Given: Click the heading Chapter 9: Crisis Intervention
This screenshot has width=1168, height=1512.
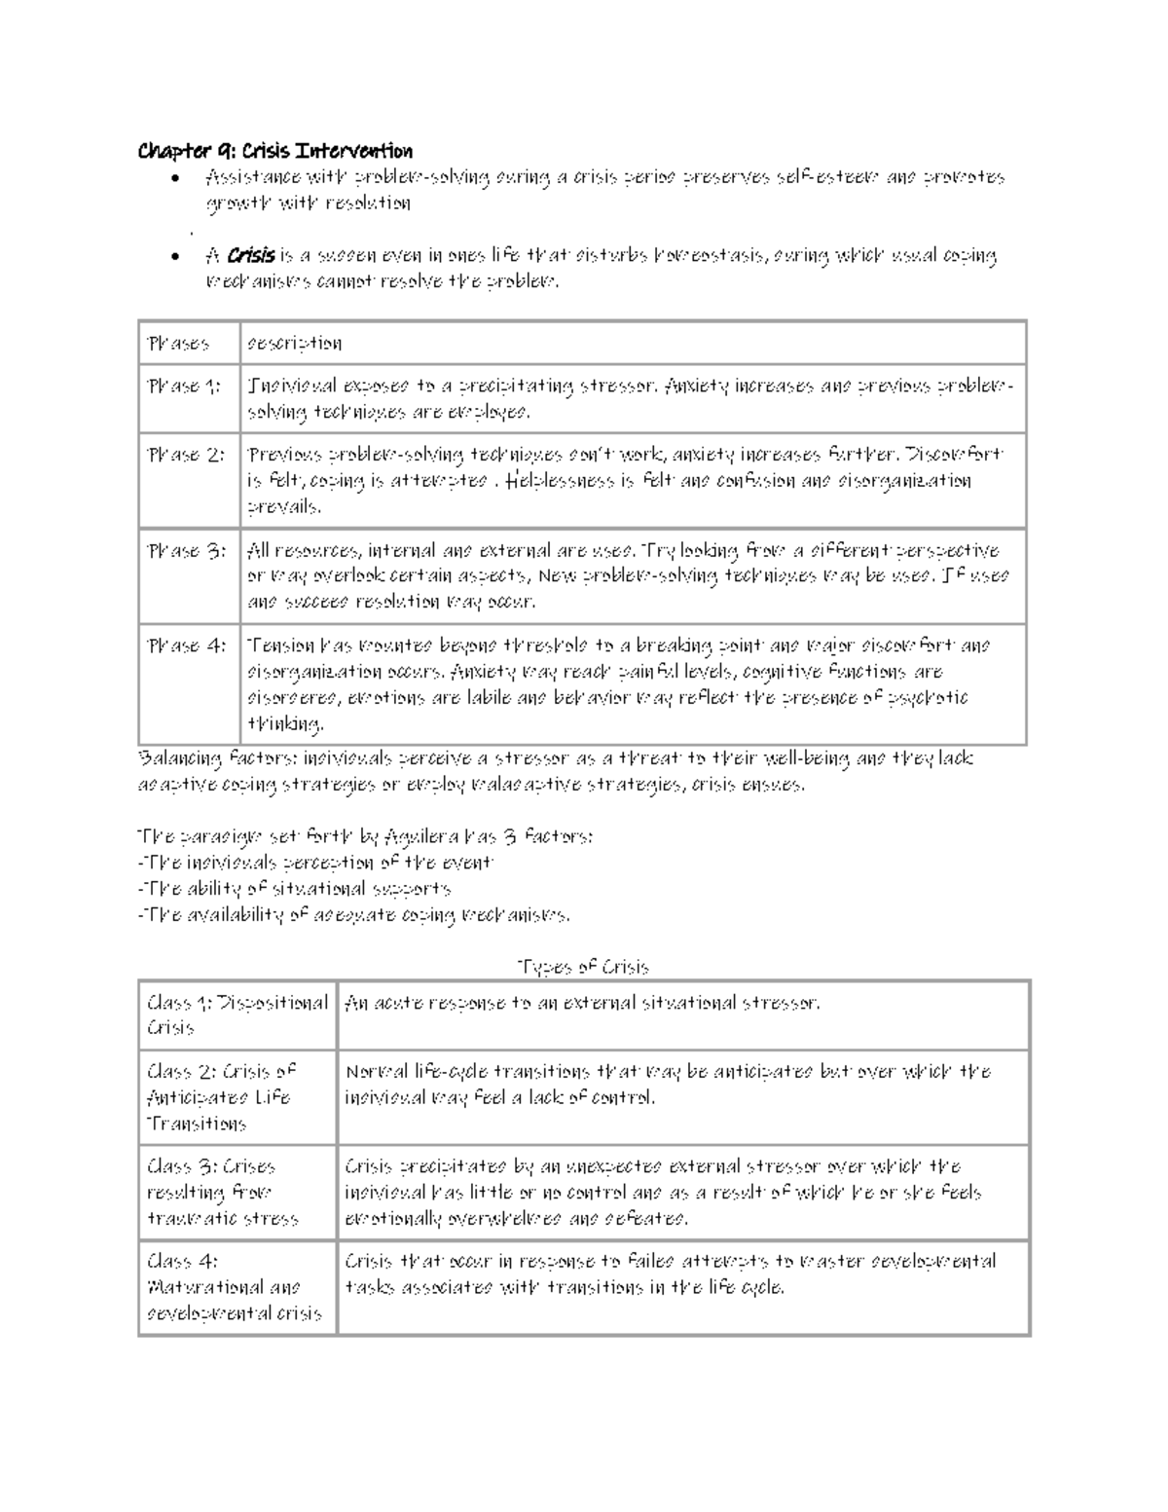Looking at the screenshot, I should (x=275, y=151).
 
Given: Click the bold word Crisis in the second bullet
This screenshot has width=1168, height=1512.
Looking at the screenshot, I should (x=251, y=256).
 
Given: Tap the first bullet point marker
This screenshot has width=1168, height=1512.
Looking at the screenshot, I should (x=173, y=178).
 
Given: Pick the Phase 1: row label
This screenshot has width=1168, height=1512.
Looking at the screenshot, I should (x=184, y=387).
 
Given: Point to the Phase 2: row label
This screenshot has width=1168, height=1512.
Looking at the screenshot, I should (x=186, y=455).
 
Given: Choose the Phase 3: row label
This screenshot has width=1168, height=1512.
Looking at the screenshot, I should (x=186, y=551).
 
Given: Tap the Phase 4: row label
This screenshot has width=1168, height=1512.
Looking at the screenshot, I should (x=186, y=645).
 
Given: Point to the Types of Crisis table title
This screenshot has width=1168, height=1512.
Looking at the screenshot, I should (x=583, y=967).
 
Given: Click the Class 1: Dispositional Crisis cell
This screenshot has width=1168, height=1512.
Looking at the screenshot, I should (x=237, y=1014).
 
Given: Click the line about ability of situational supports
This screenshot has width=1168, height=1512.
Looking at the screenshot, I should (x=295, y=889).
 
